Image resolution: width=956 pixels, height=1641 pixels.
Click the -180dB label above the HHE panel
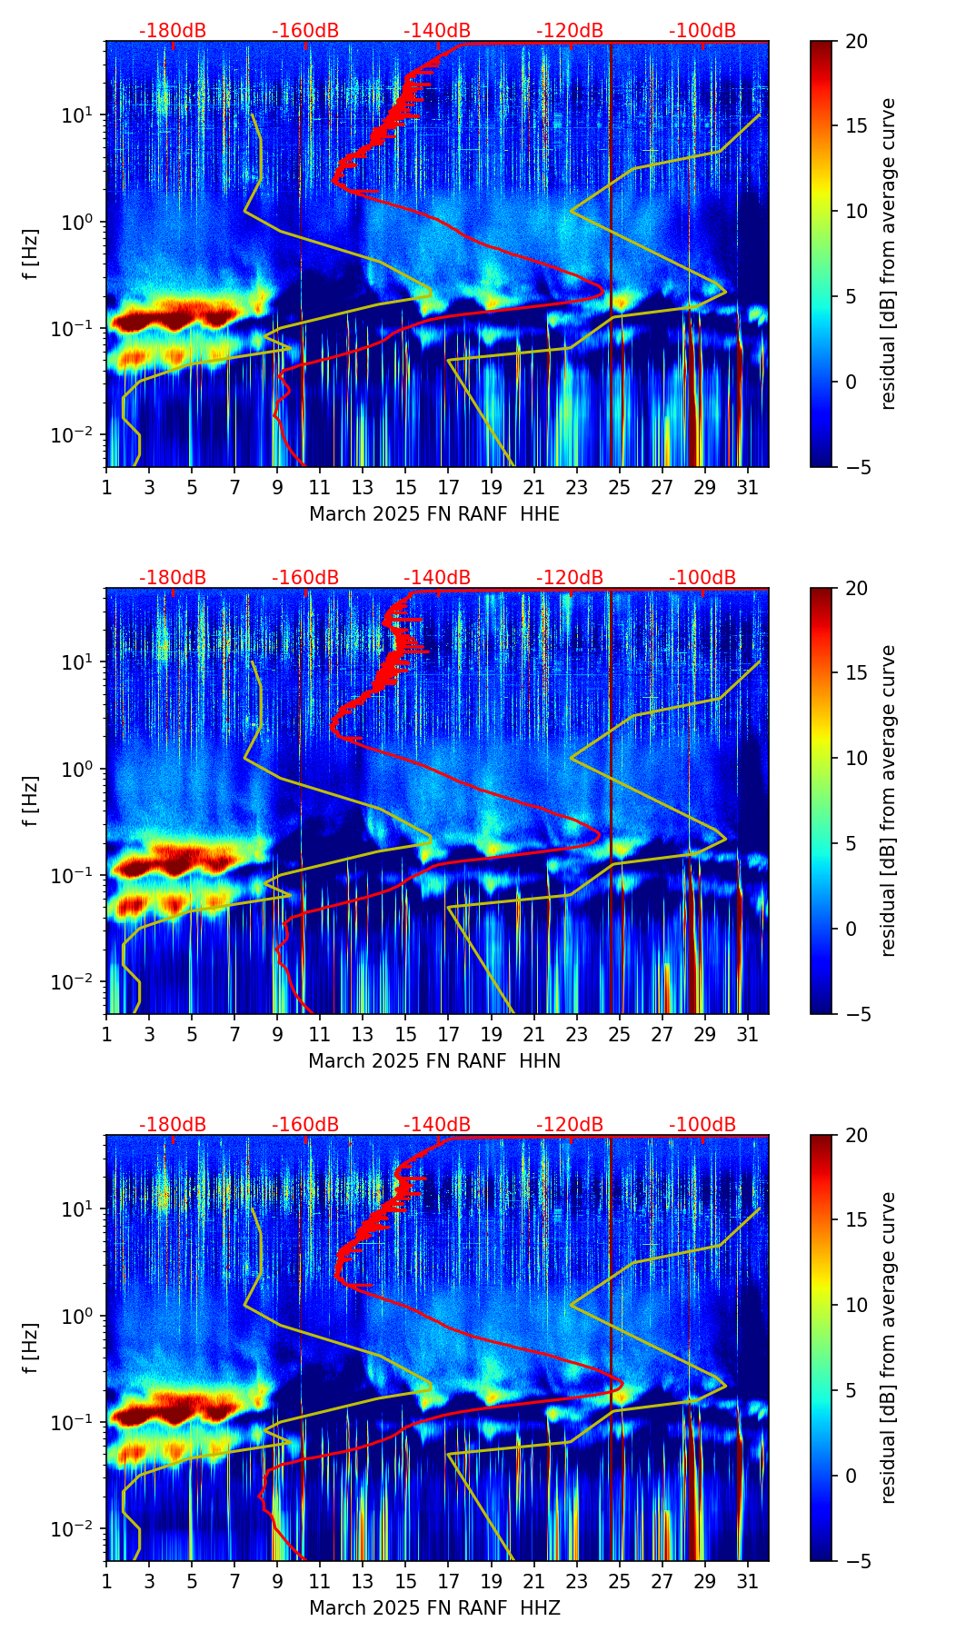173,31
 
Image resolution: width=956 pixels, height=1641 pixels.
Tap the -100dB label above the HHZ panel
702,1125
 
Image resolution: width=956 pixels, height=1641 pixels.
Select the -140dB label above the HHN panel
437,578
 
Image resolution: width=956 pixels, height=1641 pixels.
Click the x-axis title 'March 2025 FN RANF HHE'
434,514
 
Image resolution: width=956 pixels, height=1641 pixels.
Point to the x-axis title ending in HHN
434,1061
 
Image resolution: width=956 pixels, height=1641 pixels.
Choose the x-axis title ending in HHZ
434,1608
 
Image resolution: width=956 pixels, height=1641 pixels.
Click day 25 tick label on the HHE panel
619,487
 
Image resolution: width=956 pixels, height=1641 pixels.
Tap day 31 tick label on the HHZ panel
747,1581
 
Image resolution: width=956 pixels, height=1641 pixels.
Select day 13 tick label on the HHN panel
363,1034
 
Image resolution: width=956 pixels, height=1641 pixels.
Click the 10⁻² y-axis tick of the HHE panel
75,435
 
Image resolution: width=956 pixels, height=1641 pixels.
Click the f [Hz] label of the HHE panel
32,254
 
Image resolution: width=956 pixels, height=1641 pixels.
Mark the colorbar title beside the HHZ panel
889,1348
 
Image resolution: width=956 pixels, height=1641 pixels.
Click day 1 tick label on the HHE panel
106,487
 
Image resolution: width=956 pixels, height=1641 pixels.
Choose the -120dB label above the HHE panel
570,31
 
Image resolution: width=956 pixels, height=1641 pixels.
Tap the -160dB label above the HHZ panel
305,1125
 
